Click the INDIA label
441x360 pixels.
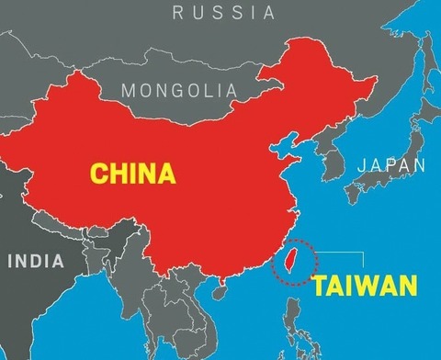[37, 260]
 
